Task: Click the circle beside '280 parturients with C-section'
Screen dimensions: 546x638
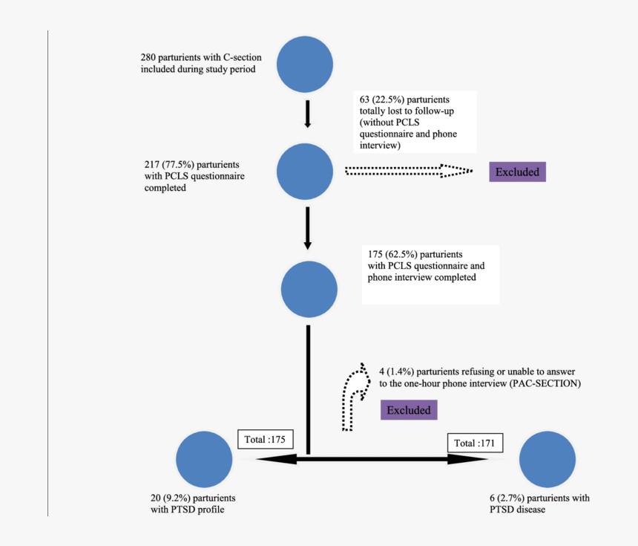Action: [x=305, y=65]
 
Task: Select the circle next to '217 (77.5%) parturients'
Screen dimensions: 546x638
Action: [x=305, y=172]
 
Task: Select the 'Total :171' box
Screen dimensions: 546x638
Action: [x=476, y=443]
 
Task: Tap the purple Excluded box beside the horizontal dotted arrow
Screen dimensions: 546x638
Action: [x=517, y=172]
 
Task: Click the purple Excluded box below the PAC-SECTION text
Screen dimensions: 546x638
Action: [x=409, y=410]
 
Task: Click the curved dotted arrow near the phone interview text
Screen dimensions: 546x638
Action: [x=352, y=397]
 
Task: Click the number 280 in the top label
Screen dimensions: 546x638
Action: [x=148, y=57]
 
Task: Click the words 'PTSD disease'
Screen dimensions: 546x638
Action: [x=517, y=510]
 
